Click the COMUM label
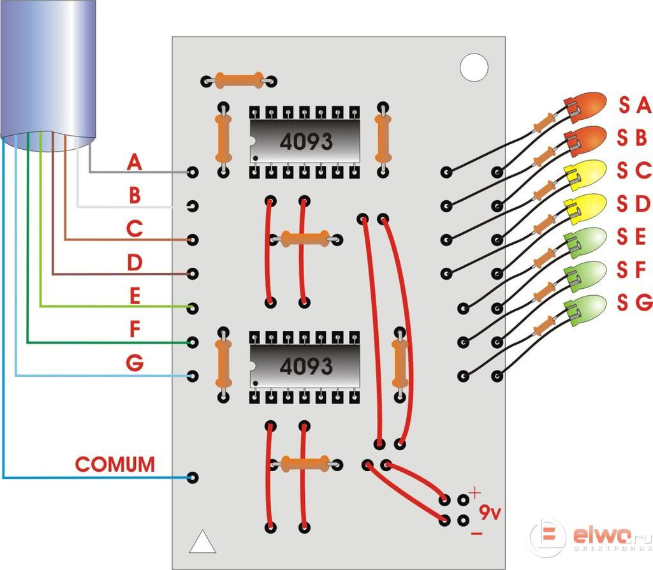(x=115, y=464)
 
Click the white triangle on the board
(x=203, y=541)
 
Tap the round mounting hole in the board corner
(x=474, y=68)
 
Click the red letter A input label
(x=134, y=163)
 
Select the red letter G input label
(x=135, y=363)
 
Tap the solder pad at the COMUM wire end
(x=193, y=478)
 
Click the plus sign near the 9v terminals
(x=474, y=493)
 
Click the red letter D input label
(x=134, y=263)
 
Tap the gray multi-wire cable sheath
(x=48, y=70)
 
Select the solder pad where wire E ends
(x=193, y=308)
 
